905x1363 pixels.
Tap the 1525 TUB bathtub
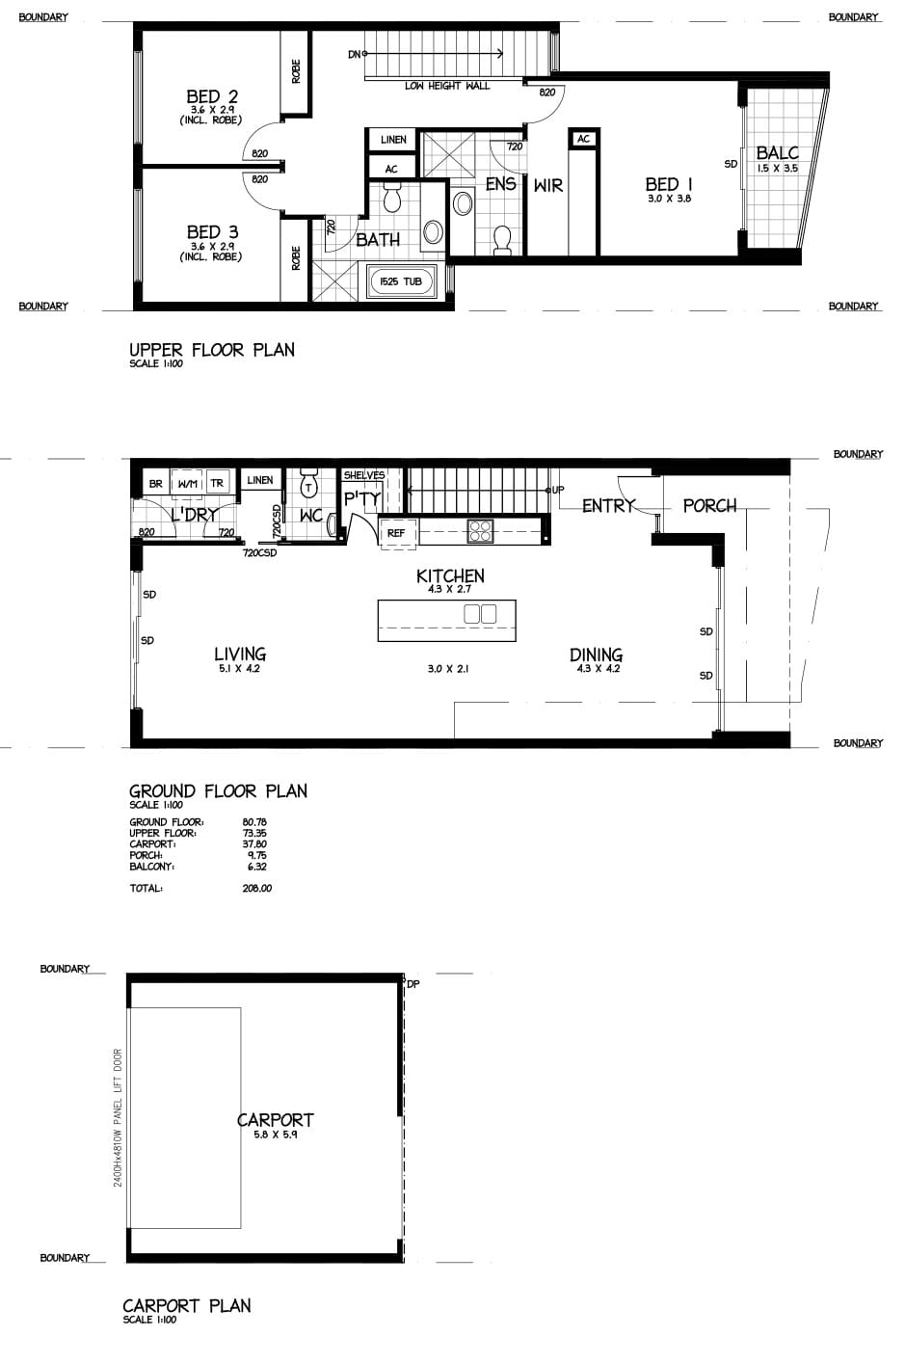(x=400, y=281)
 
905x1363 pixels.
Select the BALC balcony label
(x=777, y=152)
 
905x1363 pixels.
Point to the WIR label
(x=548, y=186)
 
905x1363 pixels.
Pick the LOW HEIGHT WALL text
(x=447, y=86)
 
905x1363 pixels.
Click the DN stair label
(x=354, y=55)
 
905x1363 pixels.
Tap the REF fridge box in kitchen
(x=396, y=532)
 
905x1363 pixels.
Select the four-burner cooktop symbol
(x=480, y=530)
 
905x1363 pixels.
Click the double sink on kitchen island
(x=480, y=613)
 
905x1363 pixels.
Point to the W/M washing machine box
(x=187, y=484)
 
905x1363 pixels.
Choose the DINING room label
(x=596, y=655)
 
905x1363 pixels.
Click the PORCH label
(x=709, y=506)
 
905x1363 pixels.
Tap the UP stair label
(x=558, y=490)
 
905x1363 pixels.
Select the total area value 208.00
(x=256, y=888)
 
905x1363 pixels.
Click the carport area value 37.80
(x=254, y=844)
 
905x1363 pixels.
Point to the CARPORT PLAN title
(x=187, y=1305)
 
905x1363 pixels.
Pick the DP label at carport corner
(x=413, y=984)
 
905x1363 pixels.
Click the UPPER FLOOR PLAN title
(x=212, y=350)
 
